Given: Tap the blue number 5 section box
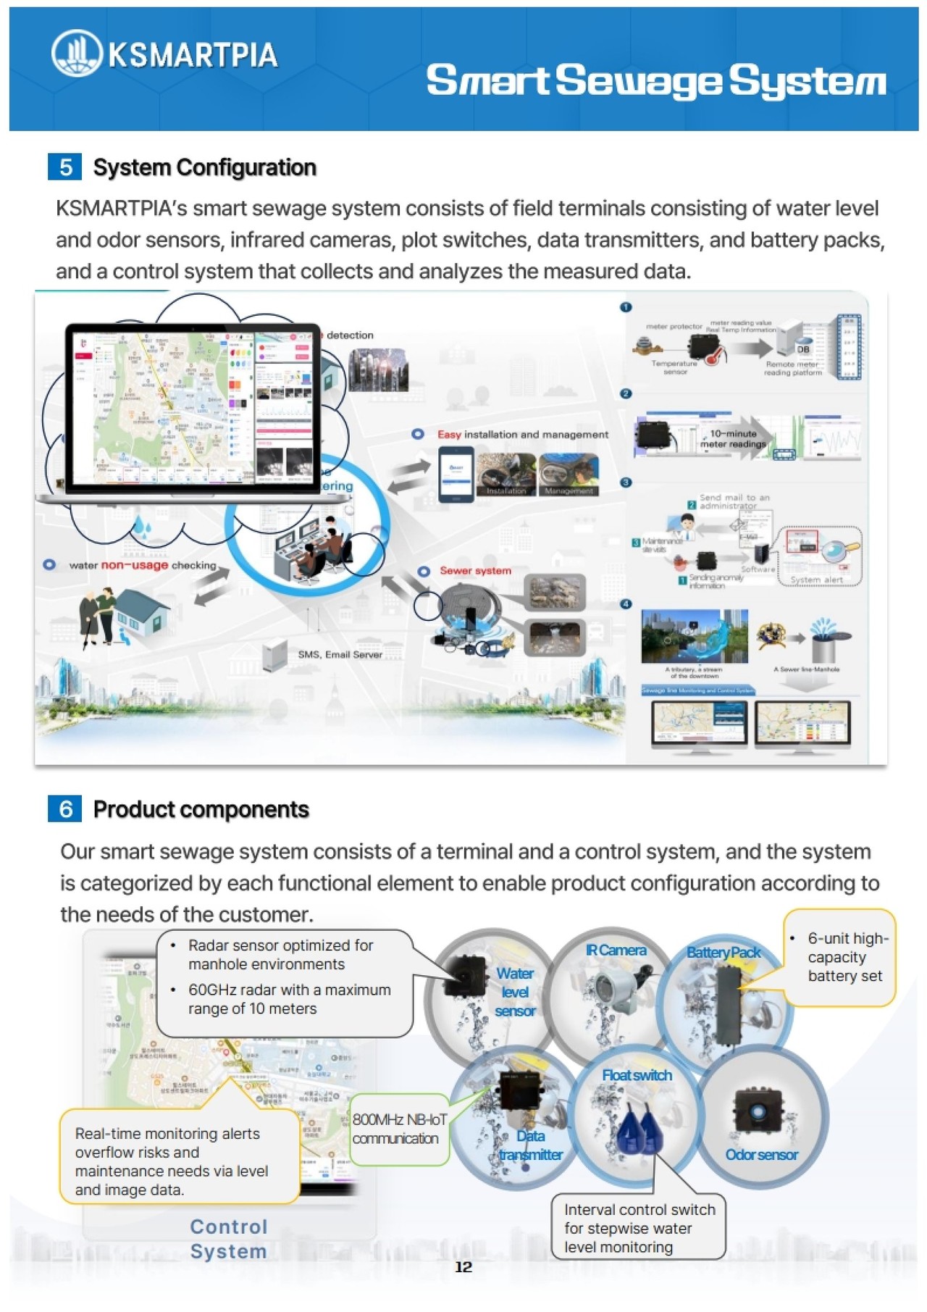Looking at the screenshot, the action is (65, 167).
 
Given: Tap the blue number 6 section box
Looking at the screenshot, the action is (65, 808).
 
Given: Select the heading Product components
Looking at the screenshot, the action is (201, 809).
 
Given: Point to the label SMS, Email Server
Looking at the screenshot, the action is (340, 655).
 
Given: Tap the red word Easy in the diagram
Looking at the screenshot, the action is (449, 435).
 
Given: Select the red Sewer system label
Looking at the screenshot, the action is (475, 571).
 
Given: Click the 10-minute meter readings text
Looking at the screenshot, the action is (733, 439).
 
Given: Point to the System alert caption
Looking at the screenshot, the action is (816, 580).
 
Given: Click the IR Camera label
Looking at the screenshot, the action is (616, 950).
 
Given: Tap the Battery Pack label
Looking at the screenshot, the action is (723, 952).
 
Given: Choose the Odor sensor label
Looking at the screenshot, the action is (761, 1155).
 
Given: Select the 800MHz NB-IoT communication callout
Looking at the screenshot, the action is (399, 1129).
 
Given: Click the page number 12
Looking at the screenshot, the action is (463, 1267).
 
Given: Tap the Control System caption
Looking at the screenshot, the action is (228, 1239).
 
